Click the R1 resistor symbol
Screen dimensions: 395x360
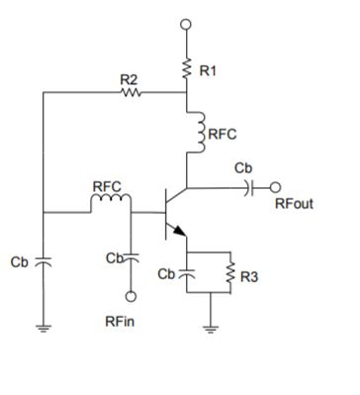pyautogui.click(x=188, y=69)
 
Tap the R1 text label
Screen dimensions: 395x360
pyautogui.click(x=209, y=70)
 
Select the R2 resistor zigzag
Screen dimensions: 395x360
pyautogui.click(x=131, y=94)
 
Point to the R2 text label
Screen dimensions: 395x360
pyautogui.click(x=129, y=79)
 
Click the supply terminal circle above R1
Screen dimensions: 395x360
pyautogui.click(x=188, y=23)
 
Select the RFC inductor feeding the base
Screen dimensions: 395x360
pyautogui.click(x=111, y=204)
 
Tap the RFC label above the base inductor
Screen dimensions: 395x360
pyautogui.click(x=107, y=186)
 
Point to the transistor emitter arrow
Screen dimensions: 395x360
pyautogui.click(x=179, y=232)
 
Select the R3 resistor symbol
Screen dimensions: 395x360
pyautogui.click(x=230, y=272)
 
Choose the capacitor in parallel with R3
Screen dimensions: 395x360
pyautogui.click(x=188, y=272)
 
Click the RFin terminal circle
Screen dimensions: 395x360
pyautogui.click(x=130, y=294)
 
